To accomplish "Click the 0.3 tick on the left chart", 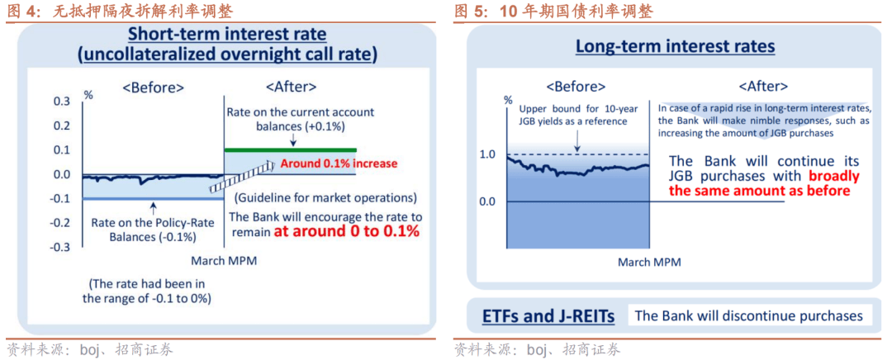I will point(63,101).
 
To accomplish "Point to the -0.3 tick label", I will point(61,248).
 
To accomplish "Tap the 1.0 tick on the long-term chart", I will point(487,154).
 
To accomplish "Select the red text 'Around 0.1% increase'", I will point(339,163).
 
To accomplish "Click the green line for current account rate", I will point(290,149).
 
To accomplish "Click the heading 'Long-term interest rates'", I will point(675,46).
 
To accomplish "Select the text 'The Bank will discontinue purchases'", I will point(748,316).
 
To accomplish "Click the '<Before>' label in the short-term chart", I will point(153,87).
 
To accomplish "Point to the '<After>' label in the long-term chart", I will point(762,86).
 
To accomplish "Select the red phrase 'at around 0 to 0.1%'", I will point(347,232).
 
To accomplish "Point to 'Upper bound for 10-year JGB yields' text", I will point(573,115).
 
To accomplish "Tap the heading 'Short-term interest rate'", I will point(226,35).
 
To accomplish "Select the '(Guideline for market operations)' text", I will point(325,198).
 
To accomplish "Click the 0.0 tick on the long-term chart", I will point(487,201).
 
